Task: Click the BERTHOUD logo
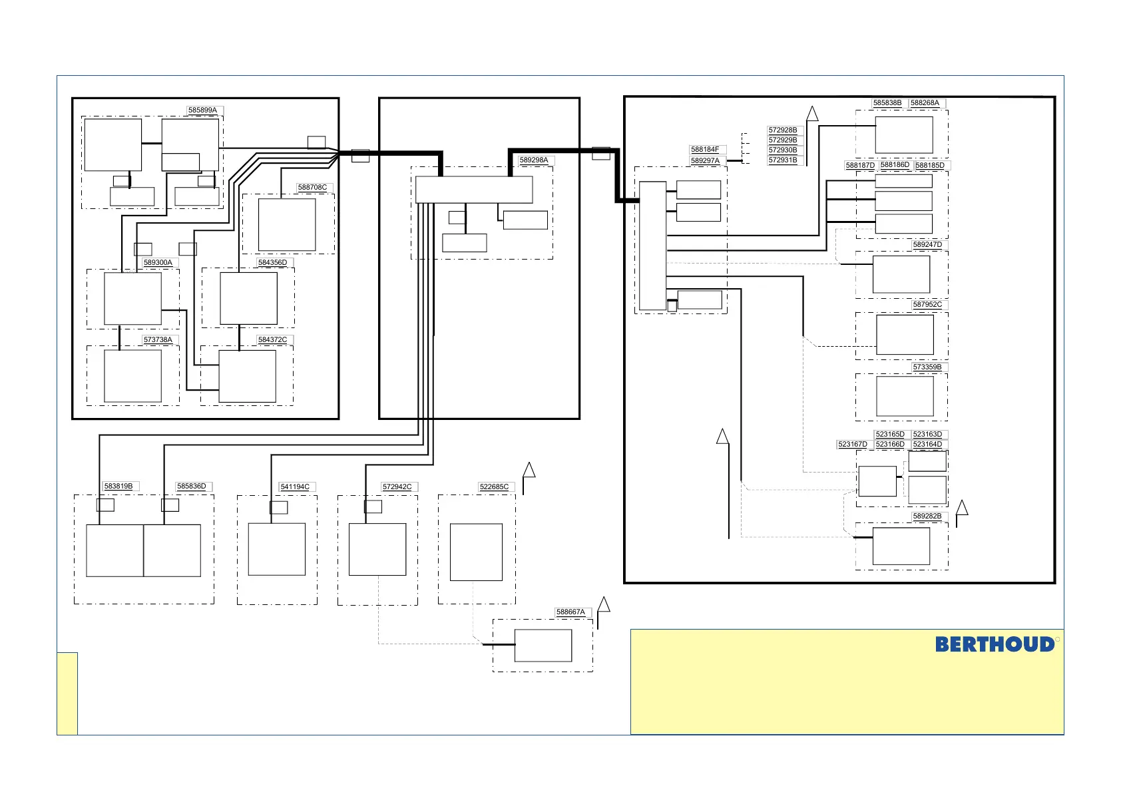(x=995, y=644)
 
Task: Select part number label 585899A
(x=202, y=110)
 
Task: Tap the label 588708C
(x=312, y=187)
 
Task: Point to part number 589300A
(x=158, y=262)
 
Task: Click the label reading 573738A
(x=158, y=339)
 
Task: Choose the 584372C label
(x=273, y=339)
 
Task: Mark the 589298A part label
(x=534, y=160)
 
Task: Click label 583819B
(x=118, y=486)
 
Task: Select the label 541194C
(x=295, y=487)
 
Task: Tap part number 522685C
(x=494, y=487)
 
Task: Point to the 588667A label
(x=570, y=612)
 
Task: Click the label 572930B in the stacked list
(x=783, y=150)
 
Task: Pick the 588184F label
(x=705, y=149)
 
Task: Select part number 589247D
(x=927, y=245)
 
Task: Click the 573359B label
(x=927, y=367)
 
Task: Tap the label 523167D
(x=853, y=444)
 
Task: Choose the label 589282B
(x=927, y=516)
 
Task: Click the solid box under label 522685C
(x=476, y=552)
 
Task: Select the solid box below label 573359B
(x=905, y=396)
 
